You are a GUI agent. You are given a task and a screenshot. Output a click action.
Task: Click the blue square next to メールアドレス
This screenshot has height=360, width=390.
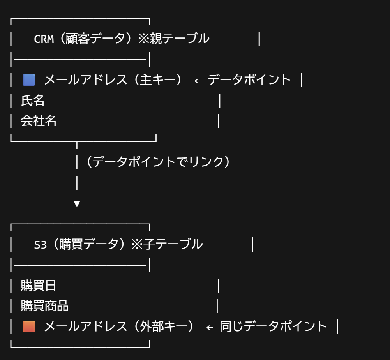[x=29, y=80]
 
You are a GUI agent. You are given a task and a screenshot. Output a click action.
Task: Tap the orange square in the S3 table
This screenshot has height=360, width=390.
[x=29, y=326]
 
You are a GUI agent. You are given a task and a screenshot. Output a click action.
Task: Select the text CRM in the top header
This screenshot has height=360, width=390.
[x=44, y=39]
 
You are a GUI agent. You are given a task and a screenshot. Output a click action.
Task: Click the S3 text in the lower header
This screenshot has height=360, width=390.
[x=41, y=245]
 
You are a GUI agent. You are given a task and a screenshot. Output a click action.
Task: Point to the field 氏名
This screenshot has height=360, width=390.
[x=33, y=101]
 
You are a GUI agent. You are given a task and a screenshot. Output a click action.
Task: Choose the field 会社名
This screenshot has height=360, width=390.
[x=39, y=121]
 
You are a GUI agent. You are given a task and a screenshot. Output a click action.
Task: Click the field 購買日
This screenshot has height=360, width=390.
[x=39, y=286]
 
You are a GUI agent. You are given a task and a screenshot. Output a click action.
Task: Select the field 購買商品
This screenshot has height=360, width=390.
[x=44, y=306]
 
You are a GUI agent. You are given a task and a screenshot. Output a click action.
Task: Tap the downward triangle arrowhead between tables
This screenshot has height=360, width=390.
[x=77, y=203]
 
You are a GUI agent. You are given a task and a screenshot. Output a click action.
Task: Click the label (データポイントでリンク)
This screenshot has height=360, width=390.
[x=158, y=162]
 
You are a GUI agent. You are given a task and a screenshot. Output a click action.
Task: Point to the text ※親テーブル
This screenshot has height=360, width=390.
[x=174, y=39]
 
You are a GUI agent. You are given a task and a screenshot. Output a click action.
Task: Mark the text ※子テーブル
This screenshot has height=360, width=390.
[x=167, y=245]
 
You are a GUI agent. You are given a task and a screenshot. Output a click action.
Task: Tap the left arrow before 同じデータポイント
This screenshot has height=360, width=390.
[x=210, y=327]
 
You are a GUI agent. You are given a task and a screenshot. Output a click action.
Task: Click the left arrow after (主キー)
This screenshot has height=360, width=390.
[x=198, y=81]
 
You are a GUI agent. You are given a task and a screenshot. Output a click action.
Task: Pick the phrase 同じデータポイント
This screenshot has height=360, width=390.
[x=273, y=326]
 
